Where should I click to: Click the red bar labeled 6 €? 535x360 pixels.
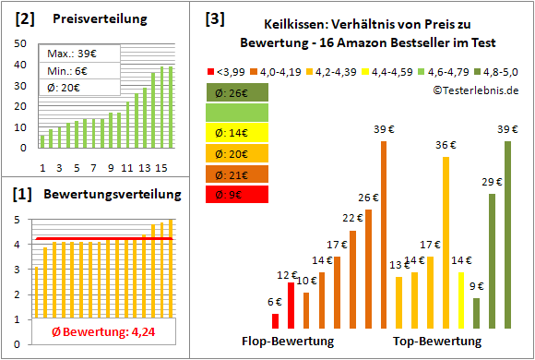pyautogui.click(x=275, y=320)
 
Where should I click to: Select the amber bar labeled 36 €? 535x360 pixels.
pyautogui.click(x=446, y=242)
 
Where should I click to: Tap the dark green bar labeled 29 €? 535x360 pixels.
pyautogui.click(x=492, y=260)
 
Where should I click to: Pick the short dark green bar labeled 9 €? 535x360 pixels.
pyautogui.click(x=476, y=312)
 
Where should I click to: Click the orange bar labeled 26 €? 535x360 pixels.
pyautogui.click(x=368, y=268)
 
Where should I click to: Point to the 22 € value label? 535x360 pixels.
pyautogui.click(x=352, y=219)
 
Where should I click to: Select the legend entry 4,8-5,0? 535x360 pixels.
pyautogui.click(x=504, y=69)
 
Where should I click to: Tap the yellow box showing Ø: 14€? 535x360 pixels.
pyautogui.click(x=237, y=133)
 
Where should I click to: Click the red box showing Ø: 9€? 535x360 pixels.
pyautogui.click(x=237, y=194)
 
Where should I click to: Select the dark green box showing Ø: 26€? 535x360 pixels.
pyautogui.click(x=237, y=92)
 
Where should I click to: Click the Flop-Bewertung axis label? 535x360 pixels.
pyautogui.click(x=288, y=341)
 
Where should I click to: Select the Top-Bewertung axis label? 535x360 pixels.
pyautogui.click(x=437, y=341)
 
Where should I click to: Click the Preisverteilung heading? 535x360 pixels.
pyautogui.click(x=90, y=19)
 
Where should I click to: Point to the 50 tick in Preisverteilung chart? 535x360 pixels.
pyautogui.click(x=21, y=42)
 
